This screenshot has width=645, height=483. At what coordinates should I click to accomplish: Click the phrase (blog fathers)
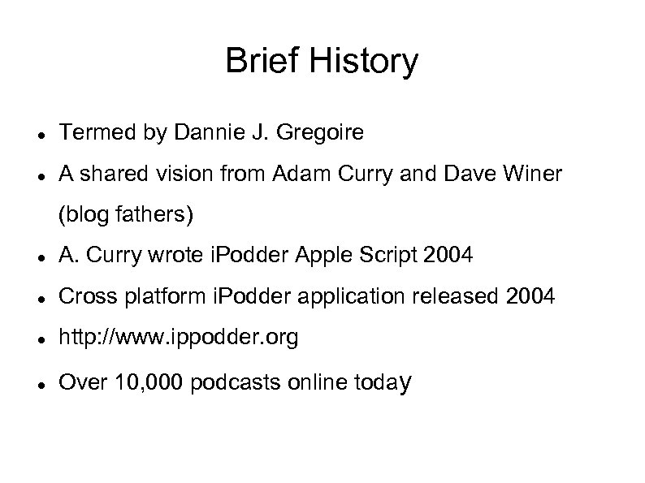pyautogui.click(x=126, y=215)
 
